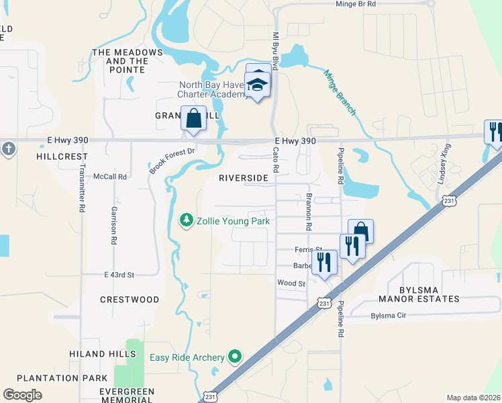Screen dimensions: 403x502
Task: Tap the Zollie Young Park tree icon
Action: click(186, 220)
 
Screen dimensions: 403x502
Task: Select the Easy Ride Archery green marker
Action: click(235, 357)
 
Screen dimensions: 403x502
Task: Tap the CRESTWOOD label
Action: click(130, 300)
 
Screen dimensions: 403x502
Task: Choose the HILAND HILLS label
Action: click(97, 354)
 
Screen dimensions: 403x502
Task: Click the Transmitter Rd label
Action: click(82, 189)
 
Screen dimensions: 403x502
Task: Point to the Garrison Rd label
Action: click(115, 224)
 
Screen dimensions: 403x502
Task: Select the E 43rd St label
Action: click(119, 275)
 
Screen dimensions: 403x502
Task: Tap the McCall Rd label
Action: click(110, 177)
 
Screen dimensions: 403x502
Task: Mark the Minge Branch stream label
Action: click(340, 93)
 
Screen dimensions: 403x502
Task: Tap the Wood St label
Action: click(291, 283)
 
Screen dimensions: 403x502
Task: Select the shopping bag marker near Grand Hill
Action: click(193, 119)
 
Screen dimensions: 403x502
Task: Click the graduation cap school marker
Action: click(257, 85)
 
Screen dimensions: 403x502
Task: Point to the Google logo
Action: click(22, 395)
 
